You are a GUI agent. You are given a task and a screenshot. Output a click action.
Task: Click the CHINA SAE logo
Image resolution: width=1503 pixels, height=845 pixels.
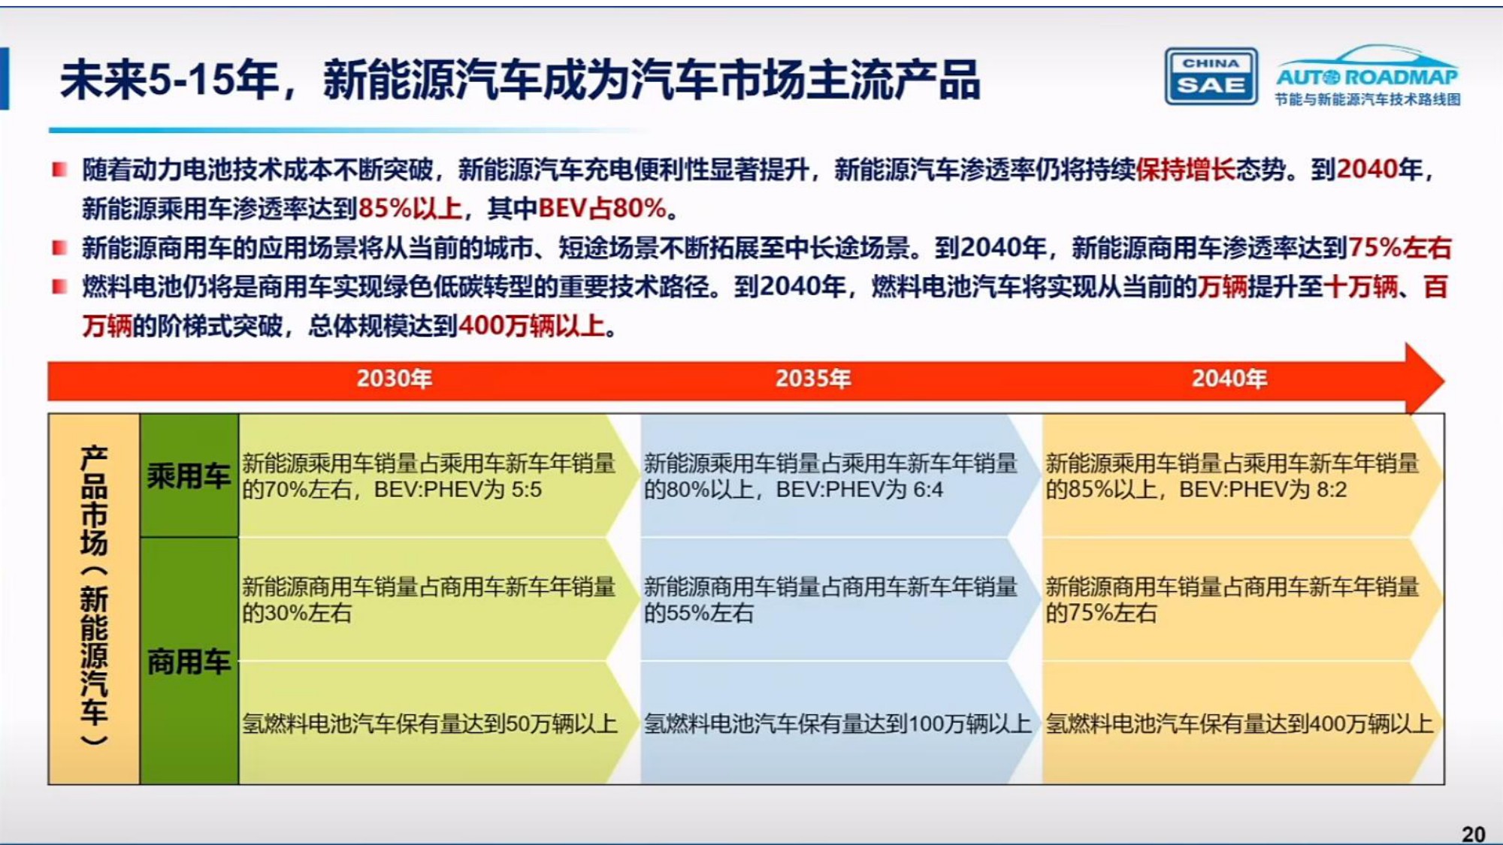[x=1211, y=76]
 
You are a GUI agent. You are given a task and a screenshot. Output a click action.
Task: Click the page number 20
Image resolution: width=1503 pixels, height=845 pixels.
[x=1473, y=834]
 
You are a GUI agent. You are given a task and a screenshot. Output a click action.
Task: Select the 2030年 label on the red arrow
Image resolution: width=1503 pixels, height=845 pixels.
[x=395, y=378]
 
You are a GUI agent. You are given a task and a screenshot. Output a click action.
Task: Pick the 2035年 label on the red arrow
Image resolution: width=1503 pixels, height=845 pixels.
[x=813, y=378]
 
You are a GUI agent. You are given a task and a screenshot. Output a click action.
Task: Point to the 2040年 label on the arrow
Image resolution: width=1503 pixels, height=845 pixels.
[x=1229, y=378]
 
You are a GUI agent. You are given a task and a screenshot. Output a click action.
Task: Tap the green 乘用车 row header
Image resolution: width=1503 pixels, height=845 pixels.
[x=189, y=475]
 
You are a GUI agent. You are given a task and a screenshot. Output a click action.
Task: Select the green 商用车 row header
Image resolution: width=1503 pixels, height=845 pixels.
[x=189, y=661]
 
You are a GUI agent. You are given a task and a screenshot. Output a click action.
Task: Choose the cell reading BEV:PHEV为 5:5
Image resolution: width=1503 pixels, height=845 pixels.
[x=428, y=476]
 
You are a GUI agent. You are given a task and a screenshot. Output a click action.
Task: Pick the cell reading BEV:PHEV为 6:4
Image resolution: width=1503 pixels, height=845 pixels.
[x=830, y=476]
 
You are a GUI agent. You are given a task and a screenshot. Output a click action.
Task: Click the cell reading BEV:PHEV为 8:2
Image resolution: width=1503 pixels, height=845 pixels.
[x=1232, y=476]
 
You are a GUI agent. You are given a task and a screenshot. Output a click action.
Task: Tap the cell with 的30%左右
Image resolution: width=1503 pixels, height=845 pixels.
[x=428, y=599]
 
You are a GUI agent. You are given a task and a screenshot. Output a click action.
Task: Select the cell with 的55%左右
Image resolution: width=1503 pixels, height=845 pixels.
[x=830, y=599]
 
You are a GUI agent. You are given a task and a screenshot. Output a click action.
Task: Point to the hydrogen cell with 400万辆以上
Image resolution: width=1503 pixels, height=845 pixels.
[x=1238, y=723]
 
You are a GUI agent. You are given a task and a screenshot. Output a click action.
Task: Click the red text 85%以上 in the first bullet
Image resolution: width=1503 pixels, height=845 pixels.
[x=410, y=208]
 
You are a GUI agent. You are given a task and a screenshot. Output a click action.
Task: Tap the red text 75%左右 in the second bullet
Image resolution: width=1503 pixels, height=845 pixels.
[x=1399, y=247]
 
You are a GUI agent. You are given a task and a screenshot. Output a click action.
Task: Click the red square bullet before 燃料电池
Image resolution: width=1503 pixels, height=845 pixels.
[x=59, y=286]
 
